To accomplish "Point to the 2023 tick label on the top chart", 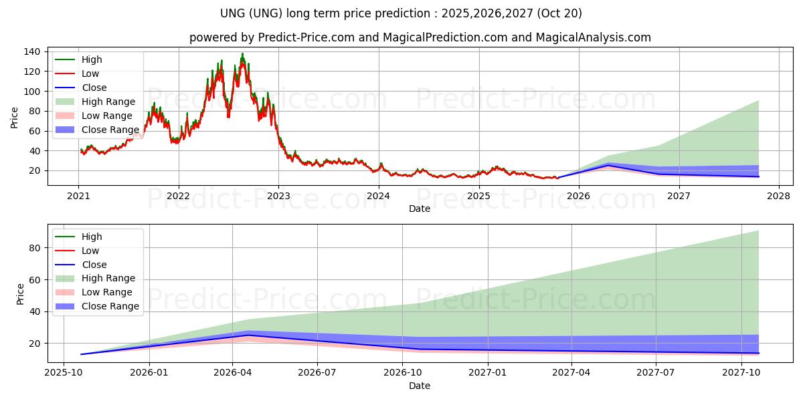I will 278,196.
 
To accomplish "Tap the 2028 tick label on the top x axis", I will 778,196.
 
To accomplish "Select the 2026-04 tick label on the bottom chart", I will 232,373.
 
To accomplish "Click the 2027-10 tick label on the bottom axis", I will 741,373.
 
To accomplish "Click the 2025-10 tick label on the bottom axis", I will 64,373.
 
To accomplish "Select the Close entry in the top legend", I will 94,88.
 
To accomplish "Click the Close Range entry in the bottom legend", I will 110,306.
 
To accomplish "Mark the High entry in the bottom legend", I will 92,237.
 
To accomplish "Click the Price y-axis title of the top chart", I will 15,117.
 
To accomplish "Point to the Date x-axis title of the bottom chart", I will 419,386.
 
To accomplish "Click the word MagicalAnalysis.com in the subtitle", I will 593,37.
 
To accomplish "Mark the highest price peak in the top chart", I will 242,54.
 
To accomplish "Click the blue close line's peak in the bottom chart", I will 248,336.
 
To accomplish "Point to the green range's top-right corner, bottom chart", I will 758,231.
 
